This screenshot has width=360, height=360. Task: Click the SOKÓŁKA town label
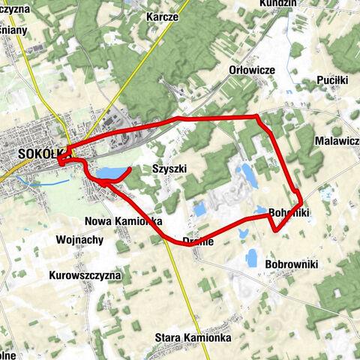tap(37, 153)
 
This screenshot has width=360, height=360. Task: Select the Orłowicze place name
tap(252, 69)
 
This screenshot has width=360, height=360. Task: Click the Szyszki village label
tap(169, 169)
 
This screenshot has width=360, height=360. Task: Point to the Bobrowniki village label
tap(292, 264)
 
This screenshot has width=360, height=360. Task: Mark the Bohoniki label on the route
tap(289, 214)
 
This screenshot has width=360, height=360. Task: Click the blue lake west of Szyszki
tap(107, 174)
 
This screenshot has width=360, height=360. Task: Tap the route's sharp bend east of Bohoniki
tap(301, 202)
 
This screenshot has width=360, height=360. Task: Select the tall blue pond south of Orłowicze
tap(246, 172)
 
